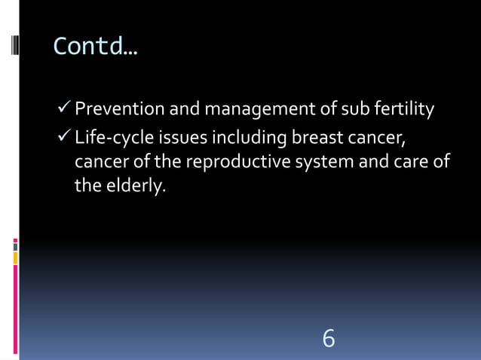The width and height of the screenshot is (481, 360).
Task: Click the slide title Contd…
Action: coord(95,47)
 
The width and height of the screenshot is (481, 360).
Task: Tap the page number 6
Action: coord(329,338)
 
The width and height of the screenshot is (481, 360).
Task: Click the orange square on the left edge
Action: coord(15,258)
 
